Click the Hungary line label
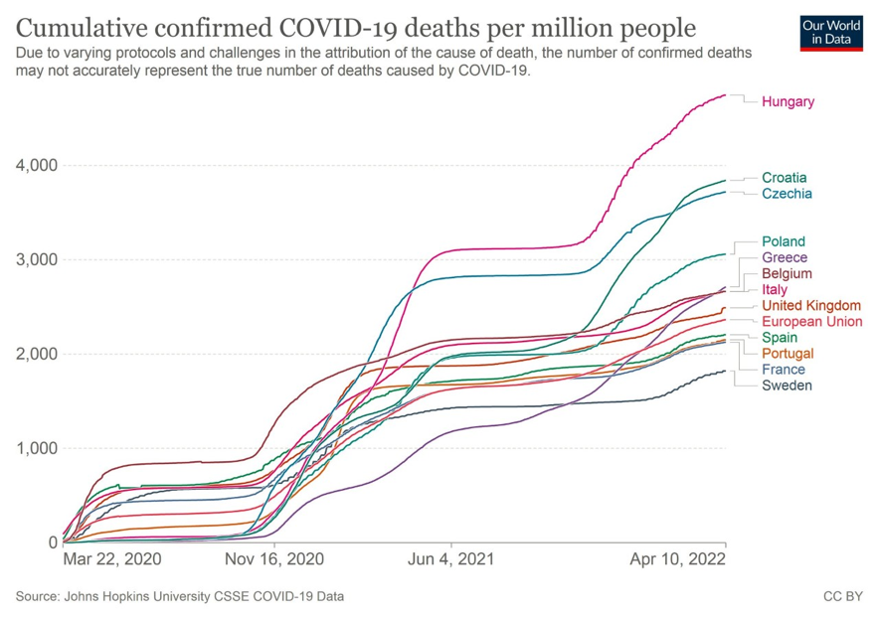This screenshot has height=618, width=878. (x=788, y=101)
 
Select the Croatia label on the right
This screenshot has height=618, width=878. (x=784, y=178)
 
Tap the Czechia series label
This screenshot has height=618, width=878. (x=787, y=194)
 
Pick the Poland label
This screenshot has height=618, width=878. (x=784, y=241)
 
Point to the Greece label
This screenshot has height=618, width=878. (x=785, y=258)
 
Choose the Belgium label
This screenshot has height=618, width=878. (x=787, y=273)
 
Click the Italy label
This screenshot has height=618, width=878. (x=775, y=289)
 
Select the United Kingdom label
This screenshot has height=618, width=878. (x=811, y=305)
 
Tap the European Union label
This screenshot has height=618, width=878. (x=811, y=321)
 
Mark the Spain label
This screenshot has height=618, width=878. (x=781, y=338)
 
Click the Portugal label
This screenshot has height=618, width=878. (x=788, y=354)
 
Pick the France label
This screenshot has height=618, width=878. (x=784, y=370)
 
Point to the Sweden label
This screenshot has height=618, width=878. (x=787, y=386)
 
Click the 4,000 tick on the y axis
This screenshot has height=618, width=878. (x=36, y=165)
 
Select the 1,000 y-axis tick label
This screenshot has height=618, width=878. (x=36, y=448)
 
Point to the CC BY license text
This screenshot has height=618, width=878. (x=841, y=597)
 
